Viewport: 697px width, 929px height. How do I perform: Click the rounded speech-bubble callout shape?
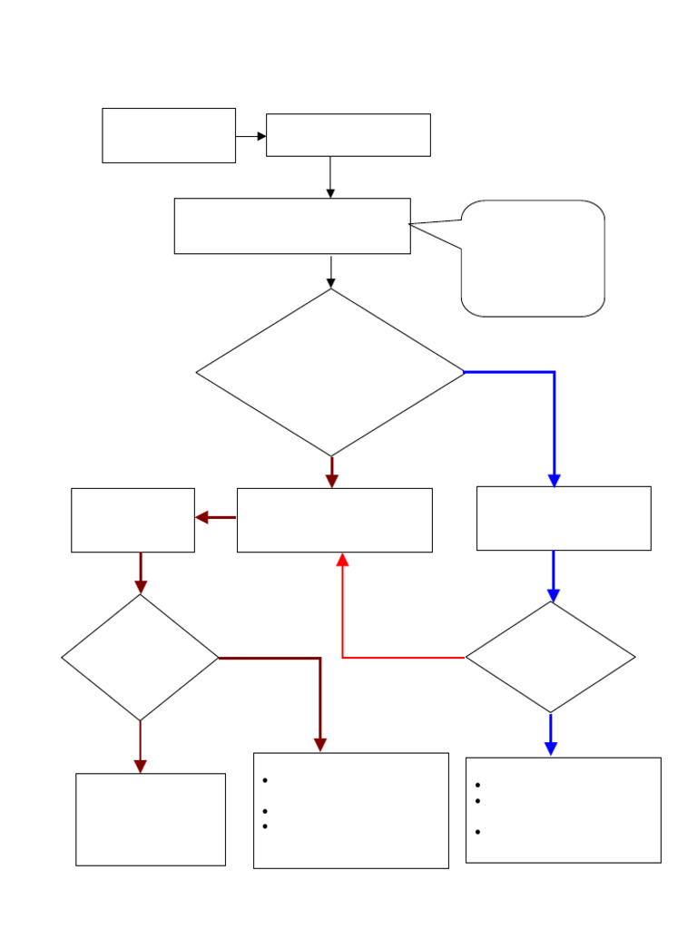point(534,259)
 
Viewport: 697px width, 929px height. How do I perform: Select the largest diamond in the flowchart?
point(330,372)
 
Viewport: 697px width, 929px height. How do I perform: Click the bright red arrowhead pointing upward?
point(342,560)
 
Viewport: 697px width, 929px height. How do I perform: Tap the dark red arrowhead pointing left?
point(202,517)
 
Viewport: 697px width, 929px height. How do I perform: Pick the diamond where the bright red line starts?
point(550,657)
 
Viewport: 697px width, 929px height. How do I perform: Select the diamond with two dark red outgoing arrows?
point(140,657)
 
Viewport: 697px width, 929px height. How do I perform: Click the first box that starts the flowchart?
point(169,135)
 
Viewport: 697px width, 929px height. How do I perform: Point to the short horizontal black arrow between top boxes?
point(250,136)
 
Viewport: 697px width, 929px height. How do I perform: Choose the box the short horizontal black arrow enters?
point(348,135)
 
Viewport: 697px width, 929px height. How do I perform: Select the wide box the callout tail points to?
point(292,226)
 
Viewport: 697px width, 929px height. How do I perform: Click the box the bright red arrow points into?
point(334,520)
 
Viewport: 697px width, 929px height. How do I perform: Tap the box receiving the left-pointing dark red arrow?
point(133,520)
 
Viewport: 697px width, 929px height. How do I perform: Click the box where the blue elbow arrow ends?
point(564,518)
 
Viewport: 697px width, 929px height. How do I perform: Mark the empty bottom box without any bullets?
point(151,819)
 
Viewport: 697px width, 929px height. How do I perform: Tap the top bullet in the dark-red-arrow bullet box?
point(264,781)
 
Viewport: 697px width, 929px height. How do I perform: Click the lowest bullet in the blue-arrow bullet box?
point(476,832)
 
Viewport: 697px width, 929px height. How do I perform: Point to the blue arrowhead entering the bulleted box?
point(550,748)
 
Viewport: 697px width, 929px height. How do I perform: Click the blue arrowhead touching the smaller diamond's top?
point(553,594)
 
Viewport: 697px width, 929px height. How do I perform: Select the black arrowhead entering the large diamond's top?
point(330,282)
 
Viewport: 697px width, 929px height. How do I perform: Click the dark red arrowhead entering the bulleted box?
point(319,744)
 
